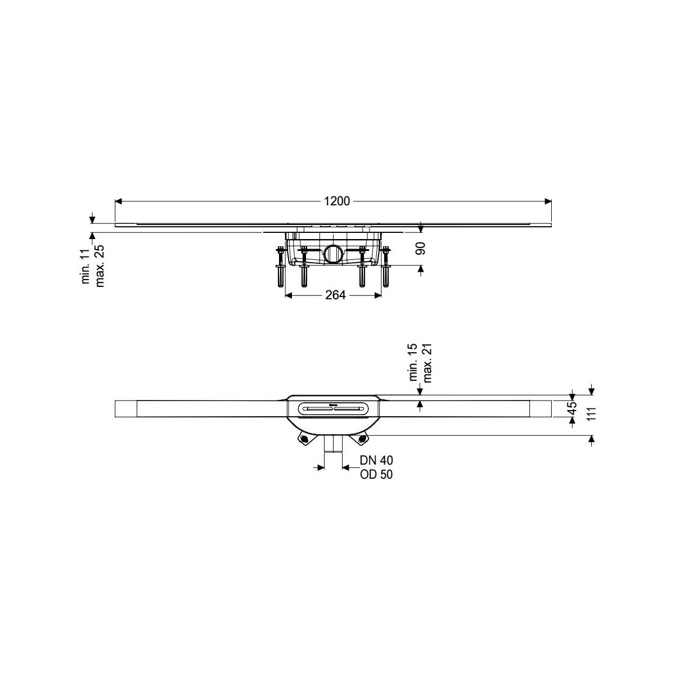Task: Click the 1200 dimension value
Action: (336, 201)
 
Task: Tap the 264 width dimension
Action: (335, 295)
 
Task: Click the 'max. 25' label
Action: (100, 266)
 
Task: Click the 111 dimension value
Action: (591, 415)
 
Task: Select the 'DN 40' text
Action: (376, 460)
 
